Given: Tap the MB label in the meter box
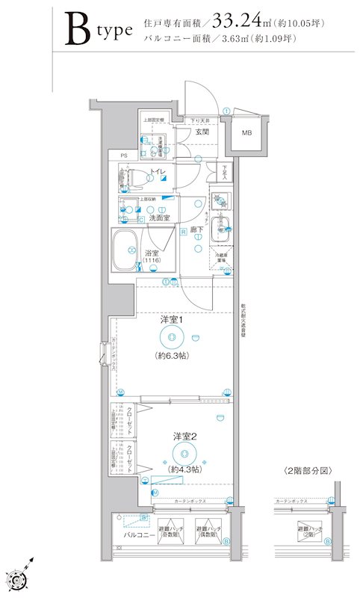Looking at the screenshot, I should [x=246, y=134].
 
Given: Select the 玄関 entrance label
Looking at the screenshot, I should [x=202, y=132].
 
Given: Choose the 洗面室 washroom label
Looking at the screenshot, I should [x=154, y=218].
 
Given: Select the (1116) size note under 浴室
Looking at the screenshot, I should [x=152, y=262].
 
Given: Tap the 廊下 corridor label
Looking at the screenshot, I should [x=197, y=229].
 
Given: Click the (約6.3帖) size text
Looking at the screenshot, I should [x=172, y=356].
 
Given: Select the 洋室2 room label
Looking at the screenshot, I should [x=184, y=435].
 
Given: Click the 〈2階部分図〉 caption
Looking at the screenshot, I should [x=308, y=471].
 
